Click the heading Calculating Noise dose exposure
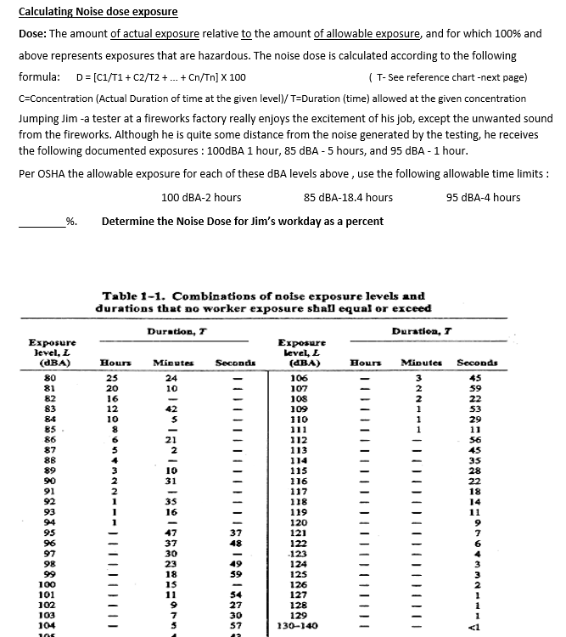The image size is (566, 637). [98, 12]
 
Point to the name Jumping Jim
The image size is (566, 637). [48, 119]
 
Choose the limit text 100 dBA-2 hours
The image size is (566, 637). [201, 198]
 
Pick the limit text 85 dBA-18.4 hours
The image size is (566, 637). [348, 198]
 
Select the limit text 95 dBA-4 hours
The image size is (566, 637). [483, 198]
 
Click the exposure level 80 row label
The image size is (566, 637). [51, 378]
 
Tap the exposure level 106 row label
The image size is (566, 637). [299, 378]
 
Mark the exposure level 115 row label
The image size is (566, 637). [299, 470]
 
